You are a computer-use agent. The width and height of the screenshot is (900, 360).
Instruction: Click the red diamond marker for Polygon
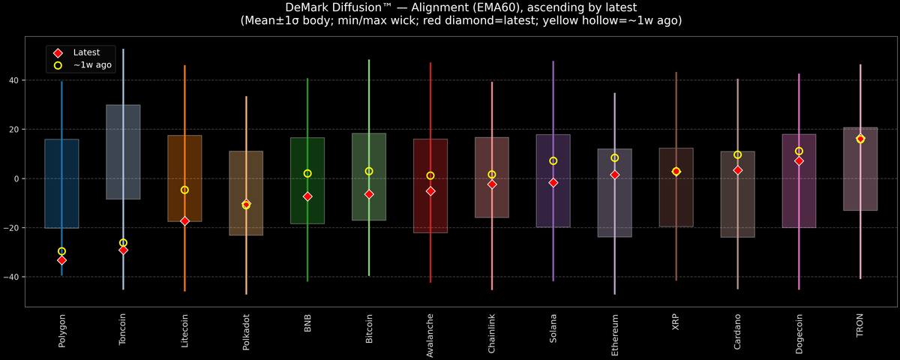point(61,260)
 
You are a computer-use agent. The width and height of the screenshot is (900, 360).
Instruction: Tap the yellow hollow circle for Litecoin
point(184,190)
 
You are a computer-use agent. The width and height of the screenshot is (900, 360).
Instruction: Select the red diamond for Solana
point(553,182)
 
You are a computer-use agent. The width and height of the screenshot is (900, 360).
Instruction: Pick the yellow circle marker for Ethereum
point(615,157)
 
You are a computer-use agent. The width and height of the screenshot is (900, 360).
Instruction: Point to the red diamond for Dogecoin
point(799,161)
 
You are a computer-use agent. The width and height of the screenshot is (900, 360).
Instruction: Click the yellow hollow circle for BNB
point(307,173)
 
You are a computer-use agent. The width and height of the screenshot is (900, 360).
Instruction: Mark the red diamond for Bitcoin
point(369,194)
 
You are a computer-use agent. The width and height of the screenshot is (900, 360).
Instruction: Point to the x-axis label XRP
point(676,324)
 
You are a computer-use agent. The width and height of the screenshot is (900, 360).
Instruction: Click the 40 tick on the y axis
point(16,80)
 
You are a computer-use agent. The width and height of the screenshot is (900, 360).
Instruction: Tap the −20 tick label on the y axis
point(13,228)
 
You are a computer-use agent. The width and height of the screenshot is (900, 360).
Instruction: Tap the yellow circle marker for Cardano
point(737,154)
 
